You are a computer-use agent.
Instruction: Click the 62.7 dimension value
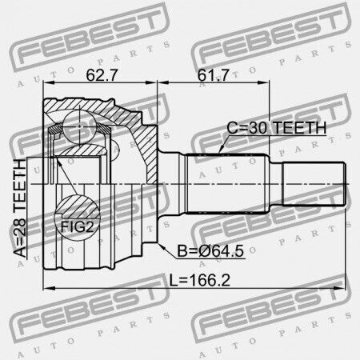point(102,75)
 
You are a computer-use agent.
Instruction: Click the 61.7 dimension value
point(214,75)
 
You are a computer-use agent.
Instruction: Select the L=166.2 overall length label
point(200,280)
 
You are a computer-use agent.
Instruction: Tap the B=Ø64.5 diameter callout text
point(210,251)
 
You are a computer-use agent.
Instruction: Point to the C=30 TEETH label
point(277,128)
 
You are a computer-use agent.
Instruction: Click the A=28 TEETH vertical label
point(20,208)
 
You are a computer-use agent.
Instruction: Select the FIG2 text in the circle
point(78,227)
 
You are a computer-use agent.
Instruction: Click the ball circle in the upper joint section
point(79,126)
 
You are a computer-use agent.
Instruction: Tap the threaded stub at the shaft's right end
point(314,184)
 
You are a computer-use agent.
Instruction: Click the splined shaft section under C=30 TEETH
point(226,183)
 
